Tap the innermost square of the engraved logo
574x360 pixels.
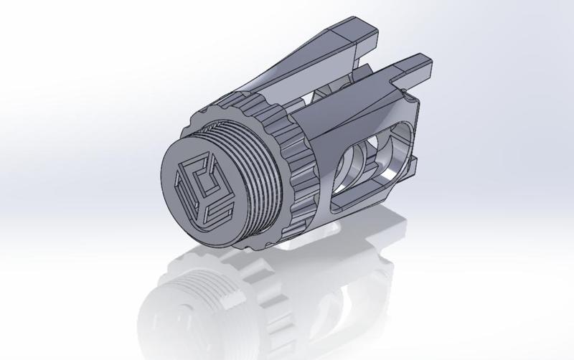[x=201, y=188]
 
